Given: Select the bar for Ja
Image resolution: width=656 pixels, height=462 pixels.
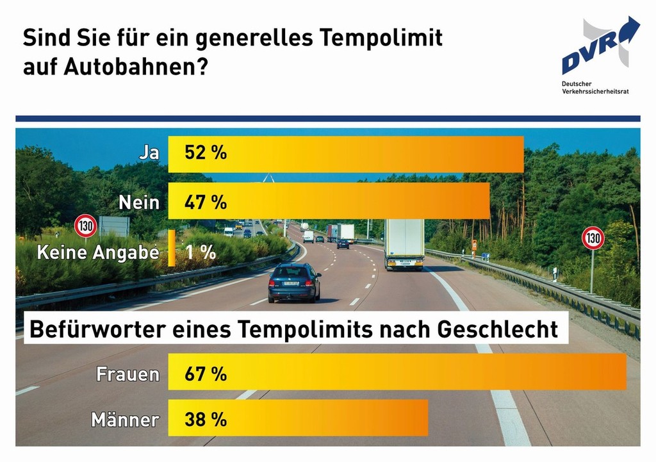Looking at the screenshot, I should click(345, 154).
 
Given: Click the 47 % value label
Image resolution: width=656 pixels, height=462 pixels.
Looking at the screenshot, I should click(206, 202).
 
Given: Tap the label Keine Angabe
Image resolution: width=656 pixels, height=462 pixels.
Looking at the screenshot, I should click(97, 252).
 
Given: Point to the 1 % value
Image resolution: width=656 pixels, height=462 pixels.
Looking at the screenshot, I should click(200, 252).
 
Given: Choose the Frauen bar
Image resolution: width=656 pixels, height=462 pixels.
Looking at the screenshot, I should click(397, 371).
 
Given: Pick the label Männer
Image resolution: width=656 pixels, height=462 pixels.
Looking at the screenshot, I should click(126, 420).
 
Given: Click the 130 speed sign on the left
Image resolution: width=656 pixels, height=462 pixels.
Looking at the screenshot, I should click(86, 226).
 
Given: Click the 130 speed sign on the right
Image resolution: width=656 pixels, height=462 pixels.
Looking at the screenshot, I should click(593, 238).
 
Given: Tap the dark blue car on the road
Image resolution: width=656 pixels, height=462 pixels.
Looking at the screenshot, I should click(294, 282).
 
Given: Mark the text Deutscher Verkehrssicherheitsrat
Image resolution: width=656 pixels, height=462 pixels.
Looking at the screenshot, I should click(595, 88).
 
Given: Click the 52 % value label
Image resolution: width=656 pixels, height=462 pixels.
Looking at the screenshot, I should click(206, 154).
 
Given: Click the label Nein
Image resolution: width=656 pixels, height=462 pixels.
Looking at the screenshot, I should click(139, 202).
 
